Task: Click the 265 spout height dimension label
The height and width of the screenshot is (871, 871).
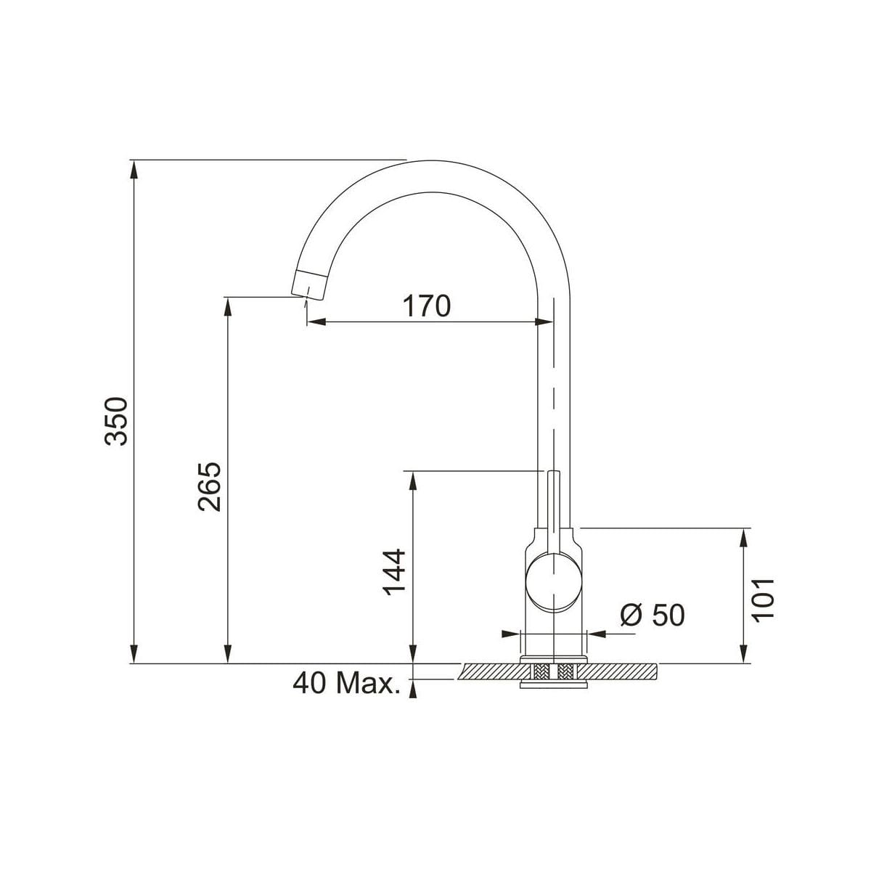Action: [x=210, y=487]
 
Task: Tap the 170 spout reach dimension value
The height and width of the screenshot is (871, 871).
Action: [x=427, y=306]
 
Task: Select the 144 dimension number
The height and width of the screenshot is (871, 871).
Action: [x=394, y=572]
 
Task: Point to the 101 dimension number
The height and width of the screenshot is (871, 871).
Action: [x=763, y=600]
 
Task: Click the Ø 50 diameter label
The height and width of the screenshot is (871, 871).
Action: [x=653, y=616]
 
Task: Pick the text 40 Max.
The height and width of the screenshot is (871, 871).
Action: [x=347, y=684]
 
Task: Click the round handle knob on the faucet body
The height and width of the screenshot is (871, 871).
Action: [x=553, y=582]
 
